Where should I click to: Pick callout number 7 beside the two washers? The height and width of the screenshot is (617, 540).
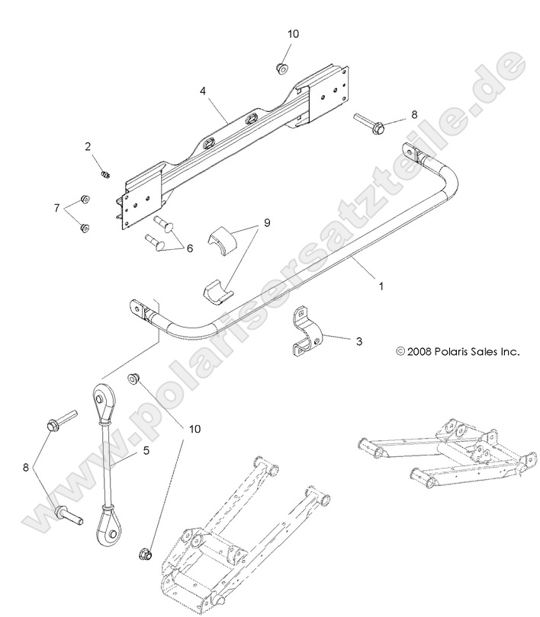pos(56,208)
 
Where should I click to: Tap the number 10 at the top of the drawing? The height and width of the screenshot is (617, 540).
pos(294,34)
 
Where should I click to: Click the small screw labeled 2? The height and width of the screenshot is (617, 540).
pos(106,174)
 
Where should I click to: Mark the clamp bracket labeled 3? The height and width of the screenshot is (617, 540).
pos(309,332)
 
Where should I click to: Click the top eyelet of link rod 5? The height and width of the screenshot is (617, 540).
pos(101,399)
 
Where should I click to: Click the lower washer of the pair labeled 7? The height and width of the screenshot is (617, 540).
pos(85,227)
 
